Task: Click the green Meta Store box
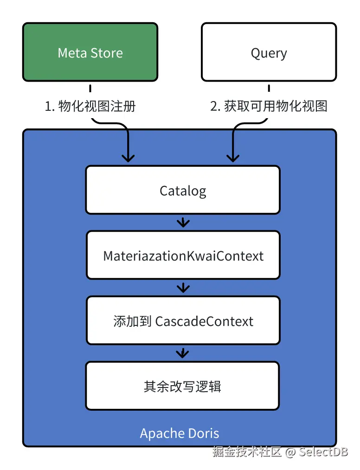90,52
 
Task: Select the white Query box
269,52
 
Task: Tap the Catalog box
183,190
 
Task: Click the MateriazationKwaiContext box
183,255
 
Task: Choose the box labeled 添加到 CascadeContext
183,321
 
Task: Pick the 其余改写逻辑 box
183,386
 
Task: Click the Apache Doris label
180,433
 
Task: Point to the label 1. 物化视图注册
90,106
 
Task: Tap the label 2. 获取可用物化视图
269,106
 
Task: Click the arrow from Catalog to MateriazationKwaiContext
183,222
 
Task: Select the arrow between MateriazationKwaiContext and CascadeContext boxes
183,288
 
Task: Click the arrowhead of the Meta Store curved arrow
128,158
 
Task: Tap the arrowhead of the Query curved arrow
232,158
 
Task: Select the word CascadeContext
204,321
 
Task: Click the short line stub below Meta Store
90,88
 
